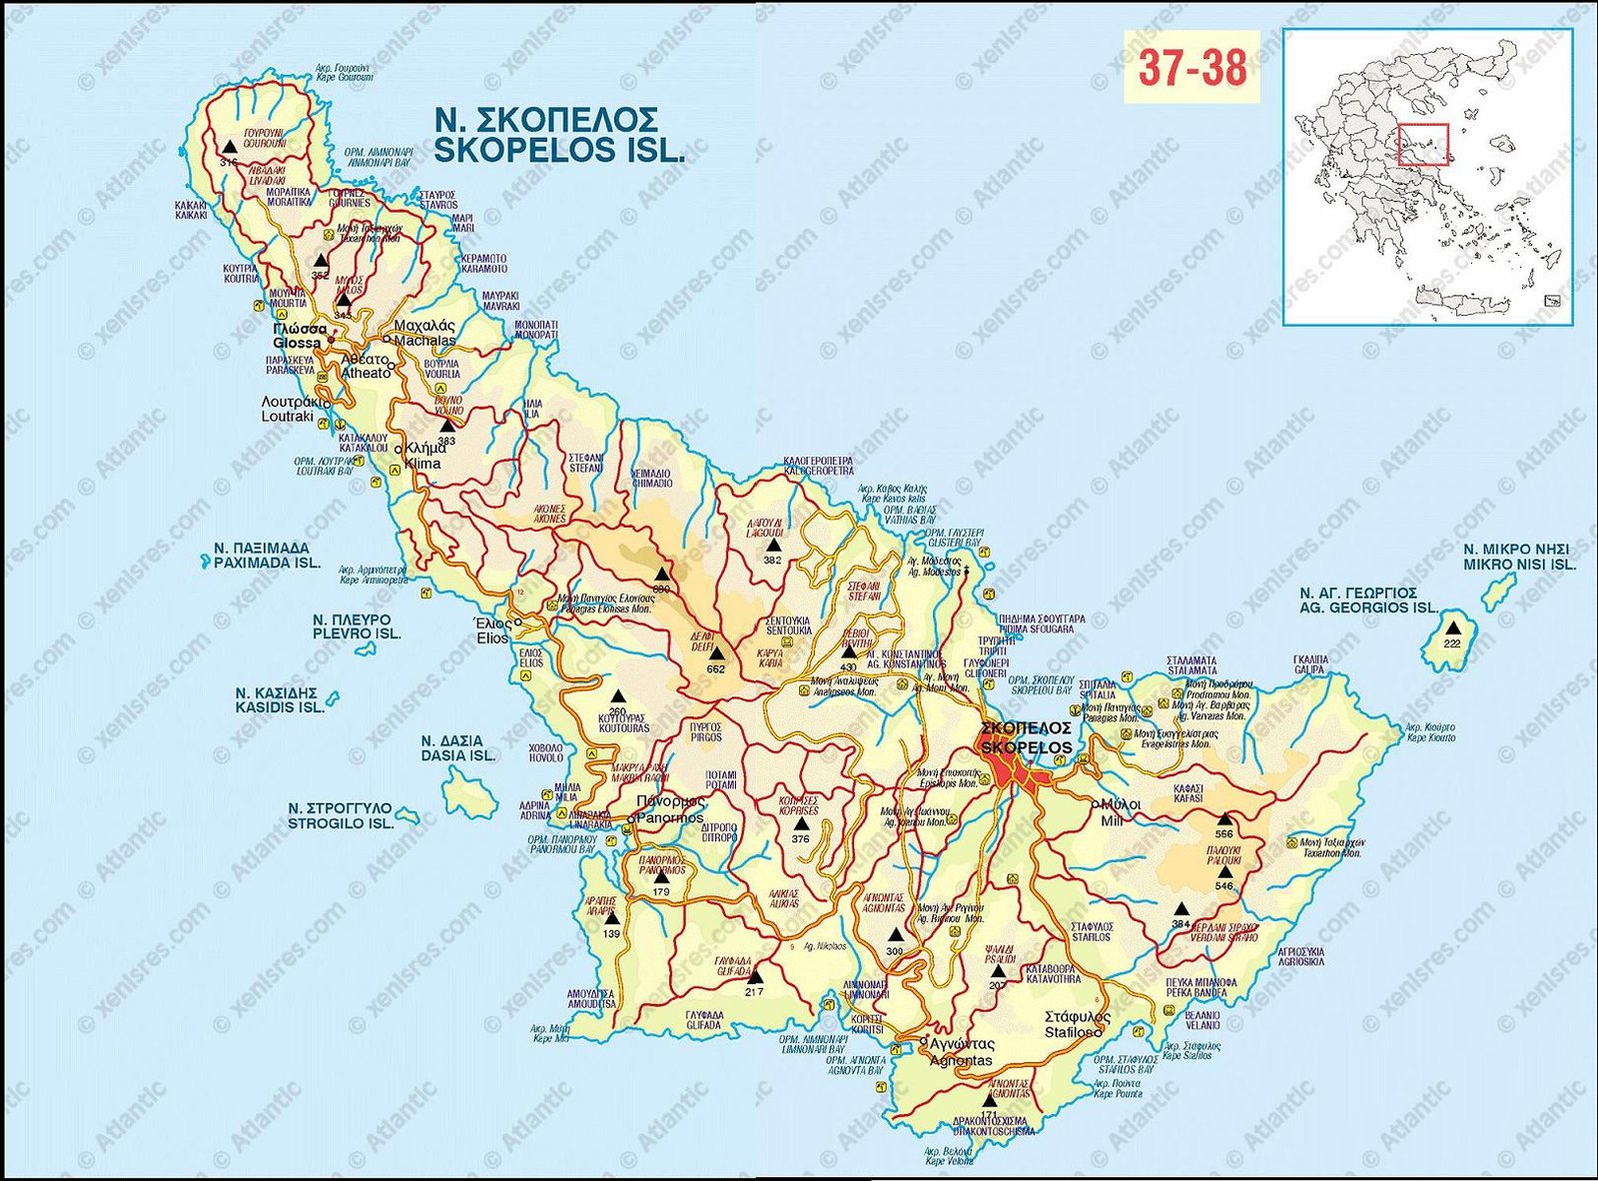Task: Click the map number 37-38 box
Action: [1193, 67]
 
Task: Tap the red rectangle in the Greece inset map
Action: [1423, 144]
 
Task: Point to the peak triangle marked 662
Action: [715, 653]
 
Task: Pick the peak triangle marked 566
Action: [1223, 819]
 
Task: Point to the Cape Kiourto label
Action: [1430, 732]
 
